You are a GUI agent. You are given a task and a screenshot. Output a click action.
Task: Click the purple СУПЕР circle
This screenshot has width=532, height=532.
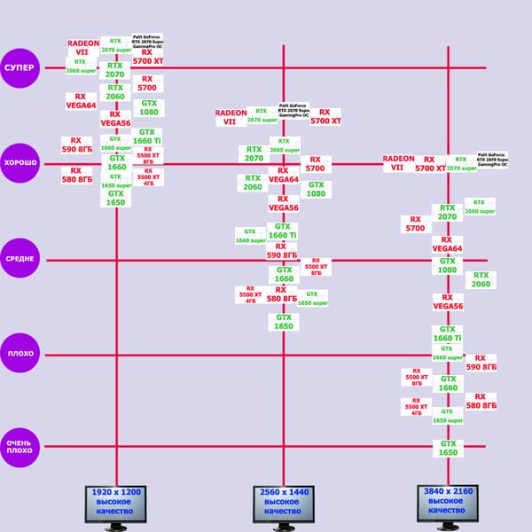(x=20, y=68)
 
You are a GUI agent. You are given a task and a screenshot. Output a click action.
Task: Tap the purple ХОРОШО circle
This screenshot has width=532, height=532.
(x=20, y=164)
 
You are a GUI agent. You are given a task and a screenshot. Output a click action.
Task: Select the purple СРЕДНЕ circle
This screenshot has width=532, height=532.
(x=20, y=259)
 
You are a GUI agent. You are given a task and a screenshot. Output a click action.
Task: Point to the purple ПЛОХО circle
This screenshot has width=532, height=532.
(x=20, y=354)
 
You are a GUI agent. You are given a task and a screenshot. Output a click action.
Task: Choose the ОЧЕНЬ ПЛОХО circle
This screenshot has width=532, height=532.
(x=20, y=445)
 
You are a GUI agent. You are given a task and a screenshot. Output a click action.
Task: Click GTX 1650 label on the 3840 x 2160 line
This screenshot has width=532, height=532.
(x=448, y=449)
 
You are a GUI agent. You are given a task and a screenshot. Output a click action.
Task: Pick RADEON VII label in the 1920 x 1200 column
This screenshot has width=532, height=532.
(x=83, y=48)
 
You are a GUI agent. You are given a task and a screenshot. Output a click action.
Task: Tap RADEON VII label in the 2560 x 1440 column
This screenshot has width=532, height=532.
(x=231, y=117)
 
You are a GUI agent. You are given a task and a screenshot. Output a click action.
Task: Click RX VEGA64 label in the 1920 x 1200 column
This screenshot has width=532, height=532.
(x=81, y=102)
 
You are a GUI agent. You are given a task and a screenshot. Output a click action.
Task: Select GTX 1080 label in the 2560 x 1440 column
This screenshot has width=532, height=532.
(x=316, y=189)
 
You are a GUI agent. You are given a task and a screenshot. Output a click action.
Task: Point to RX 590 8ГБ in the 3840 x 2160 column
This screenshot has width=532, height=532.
(x=481, y=362)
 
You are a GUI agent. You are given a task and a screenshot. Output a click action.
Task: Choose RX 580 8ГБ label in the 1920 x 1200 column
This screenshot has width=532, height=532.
(x=76, y=175)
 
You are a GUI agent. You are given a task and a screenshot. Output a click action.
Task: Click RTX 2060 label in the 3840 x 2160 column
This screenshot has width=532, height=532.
(x=481, y=279)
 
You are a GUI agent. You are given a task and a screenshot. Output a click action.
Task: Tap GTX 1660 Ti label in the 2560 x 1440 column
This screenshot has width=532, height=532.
(x=283, y=231)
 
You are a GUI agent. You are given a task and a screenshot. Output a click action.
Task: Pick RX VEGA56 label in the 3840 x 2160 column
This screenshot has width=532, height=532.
(x=448, y=301)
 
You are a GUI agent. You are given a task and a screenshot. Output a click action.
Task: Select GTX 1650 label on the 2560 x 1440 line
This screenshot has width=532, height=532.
(x=284, y=322)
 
